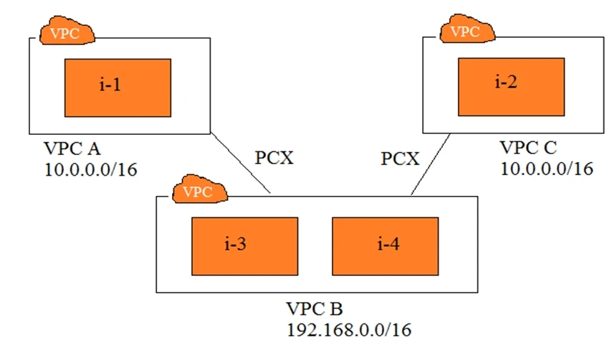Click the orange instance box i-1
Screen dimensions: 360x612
pyautogui.click(x=118, y=87)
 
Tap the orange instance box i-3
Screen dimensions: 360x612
pyautogui.click(x=244, y=246)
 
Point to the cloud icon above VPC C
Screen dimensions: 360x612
pyautogui.click(x=467, y=32)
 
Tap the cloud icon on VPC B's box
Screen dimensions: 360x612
pyautogui.click(x=200, y=191)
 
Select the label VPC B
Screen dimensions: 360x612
pyautogui.click(x=314, y=310)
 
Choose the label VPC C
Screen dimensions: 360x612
pyautogui.click(x=530, y=148)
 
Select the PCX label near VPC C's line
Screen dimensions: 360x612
pyautogui.click(x=399, y=158)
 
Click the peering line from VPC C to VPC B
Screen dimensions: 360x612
pyautogui.click(x=431, y=164)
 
